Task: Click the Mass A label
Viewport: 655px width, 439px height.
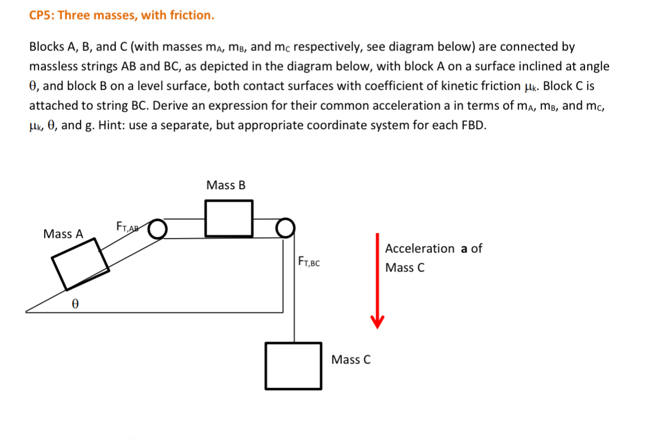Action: point(63,234)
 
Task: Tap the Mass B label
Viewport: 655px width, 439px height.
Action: point(226,185)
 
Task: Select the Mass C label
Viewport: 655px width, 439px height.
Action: point(351,359)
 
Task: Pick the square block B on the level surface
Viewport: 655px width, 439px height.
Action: point(229,218)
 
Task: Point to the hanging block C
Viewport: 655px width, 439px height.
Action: point(293,366)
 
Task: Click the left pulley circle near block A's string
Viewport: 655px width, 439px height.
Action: point(158,229)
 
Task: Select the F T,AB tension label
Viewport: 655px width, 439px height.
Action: point(128,227)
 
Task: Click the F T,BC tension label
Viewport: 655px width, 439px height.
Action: point(309,261)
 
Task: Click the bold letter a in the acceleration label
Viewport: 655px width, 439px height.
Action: point(464,249)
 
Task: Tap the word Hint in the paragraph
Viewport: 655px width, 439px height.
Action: point(110,125)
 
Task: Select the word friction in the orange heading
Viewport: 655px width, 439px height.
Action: point(190,15)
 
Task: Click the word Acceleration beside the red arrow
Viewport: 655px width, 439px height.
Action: point(420,249)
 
